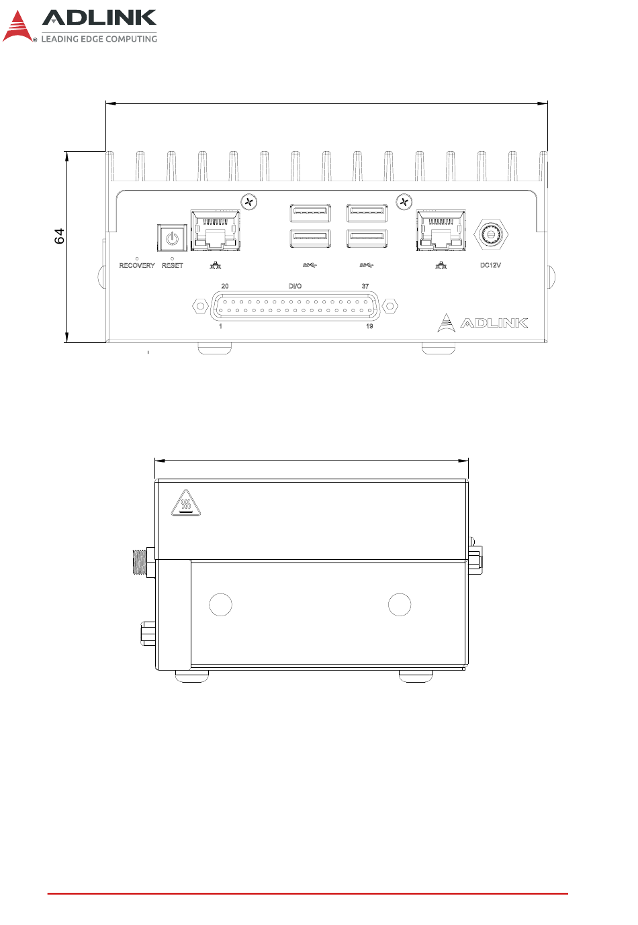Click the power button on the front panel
[172, 238]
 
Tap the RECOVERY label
[137, 265]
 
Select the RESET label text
[173, 265]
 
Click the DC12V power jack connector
[490, 234]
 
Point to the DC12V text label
[490, 265]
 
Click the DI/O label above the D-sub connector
[295, 286]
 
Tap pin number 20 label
[225, 286]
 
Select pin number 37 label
[365, 286]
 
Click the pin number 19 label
[369, 326]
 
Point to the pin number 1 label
[221, 326]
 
